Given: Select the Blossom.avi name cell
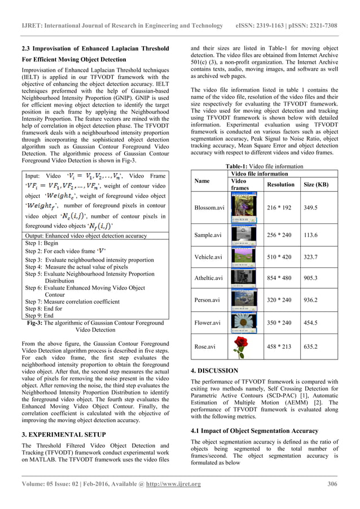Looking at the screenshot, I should (209, 208).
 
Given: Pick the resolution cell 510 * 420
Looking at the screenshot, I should (280, 256).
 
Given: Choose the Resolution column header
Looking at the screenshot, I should (280, 185).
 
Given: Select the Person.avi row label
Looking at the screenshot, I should (208, 300).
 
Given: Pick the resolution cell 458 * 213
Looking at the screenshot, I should (280, 346).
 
